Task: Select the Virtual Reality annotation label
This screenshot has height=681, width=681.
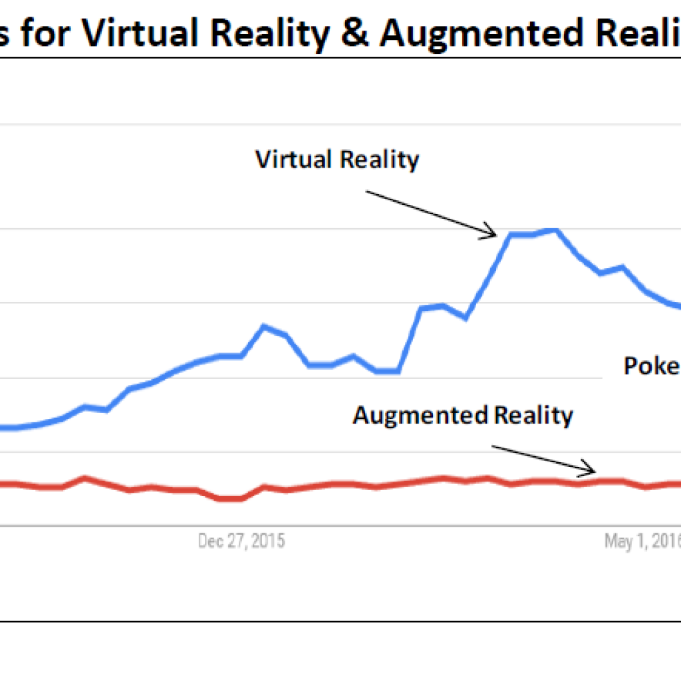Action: [337, 160]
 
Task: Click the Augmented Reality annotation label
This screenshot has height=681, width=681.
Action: [462, 416]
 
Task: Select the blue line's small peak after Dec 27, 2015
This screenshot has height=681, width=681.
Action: [264, 326]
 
